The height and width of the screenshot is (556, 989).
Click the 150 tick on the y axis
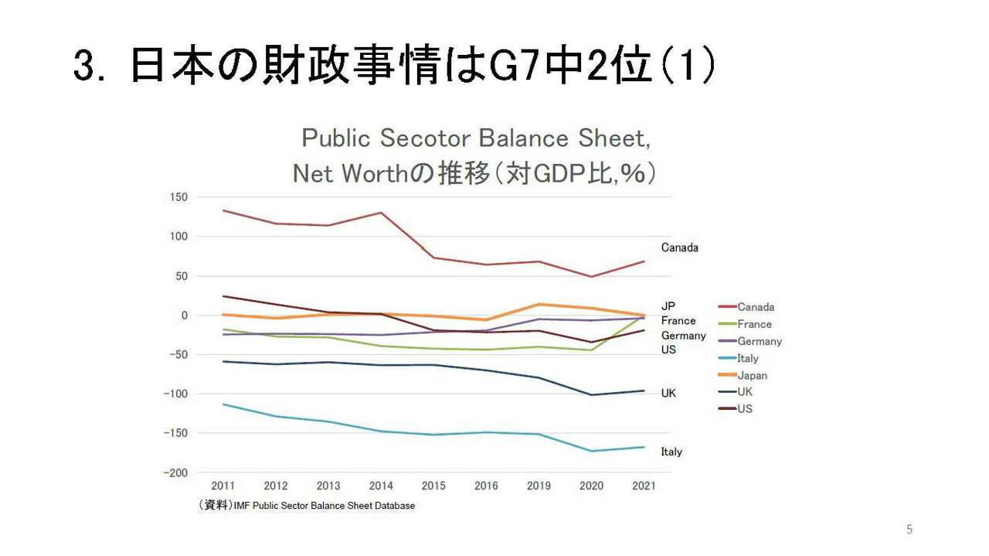(178, 197)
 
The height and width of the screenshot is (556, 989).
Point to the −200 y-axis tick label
(175, 472)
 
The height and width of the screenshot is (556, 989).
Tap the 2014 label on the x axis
(381, 486)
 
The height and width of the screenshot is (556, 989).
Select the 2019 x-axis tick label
(539, 486)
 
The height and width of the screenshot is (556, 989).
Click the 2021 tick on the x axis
(644, 486)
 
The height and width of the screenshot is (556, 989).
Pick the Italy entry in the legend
(748, 358)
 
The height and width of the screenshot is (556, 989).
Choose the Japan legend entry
(752, 375)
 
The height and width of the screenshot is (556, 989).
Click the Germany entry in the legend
(760, 341)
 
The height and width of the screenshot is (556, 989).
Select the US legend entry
(745, 408)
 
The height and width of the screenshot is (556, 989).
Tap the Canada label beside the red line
(679, 247)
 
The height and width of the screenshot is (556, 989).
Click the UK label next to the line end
(668, 393)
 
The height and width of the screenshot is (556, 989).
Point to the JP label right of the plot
(668, 306)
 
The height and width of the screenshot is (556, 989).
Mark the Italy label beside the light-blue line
(671, 452)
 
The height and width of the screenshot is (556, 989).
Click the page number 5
(909, 530)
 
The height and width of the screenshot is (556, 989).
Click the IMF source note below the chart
(307, 506)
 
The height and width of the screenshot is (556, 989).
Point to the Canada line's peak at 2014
(381, 213)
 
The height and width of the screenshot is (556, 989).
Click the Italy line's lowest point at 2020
(591, 451)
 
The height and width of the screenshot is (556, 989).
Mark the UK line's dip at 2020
(591, 395)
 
